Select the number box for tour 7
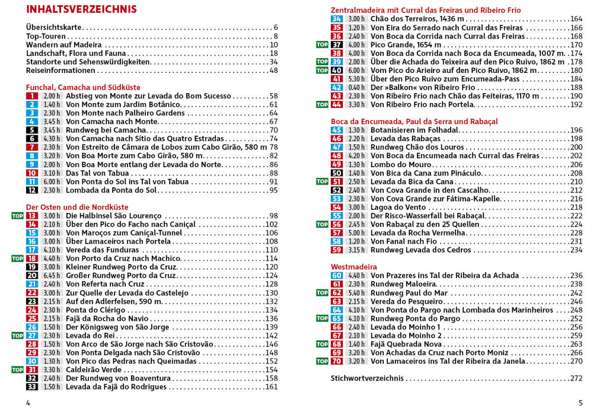[x=32, y=147]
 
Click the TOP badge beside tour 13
[x=17, y=216]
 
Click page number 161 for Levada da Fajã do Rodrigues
[x=272, y=387]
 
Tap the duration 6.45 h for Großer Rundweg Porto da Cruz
[x=52, y=276]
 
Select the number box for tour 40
[x=337, y=70]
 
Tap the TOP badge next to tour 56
[x=322, y=224]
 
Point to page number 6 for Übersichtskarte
[x=276, y=27]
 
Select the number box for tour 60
[x=337, y=276]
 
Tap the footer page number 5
[x=581, y=403]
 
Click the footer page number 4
[x=28, y=403]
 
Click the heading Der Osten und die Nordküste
[x=77, y=207]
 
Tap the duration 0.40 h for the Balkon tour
[x=356, y=87]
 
